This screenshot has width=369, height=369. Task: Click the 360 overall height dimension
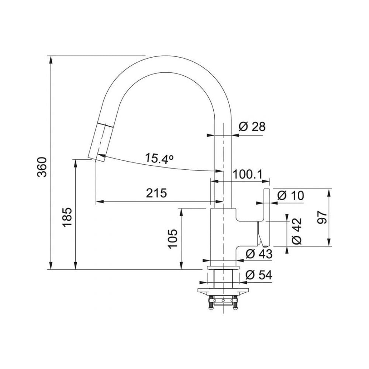pos(42,167)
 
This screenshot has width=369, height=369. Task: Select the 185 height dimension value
pos(67,217)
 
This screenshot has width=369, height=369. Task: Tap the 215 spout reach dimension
pos(156,193)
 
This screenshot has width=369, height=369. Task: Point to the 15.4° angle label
pos(159,158)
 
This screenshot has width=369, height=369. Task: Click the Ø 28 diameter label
pos(252,127)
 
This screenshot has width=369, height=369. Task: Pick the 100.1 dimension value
pos(247,175)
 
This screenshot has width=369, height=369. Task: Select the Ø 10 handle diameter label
pos(290,195)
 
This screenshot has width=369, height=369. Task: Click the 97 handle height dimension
pos(322,217)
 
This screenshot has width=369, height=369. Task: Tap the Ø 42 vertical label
pos(297,231)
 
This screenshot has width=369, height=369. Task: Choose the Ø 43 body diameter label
pos(259,254)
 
